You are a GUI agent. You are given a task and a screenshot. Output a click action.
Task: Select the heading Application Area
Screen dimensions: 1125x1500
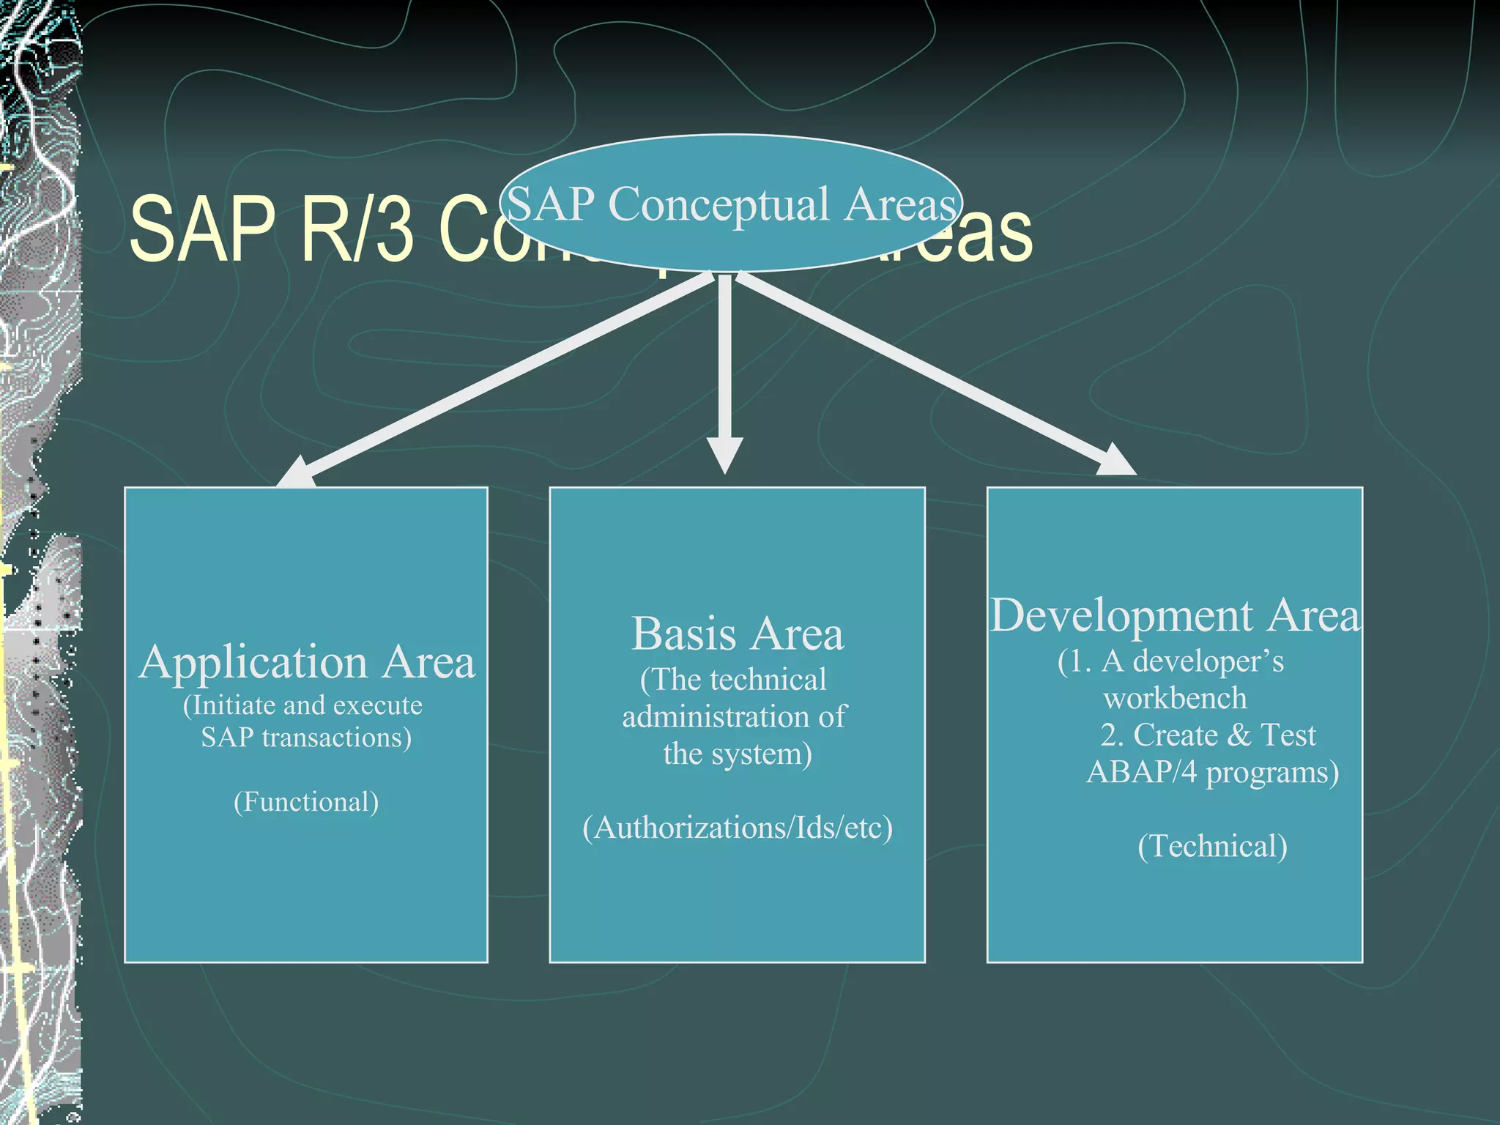click(x=306, y=662)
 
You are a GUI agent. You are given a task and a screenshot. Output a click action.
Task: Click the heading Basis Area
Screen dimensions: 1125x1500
click(x=737, y=634)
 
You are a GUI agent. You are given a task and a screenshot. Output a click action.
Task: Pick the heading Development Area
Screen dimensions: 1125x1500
click(x=1175, y=615)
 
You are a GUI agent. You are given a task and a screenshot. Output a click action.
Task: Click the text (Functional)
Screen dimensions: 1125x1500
click(x=306, y=802)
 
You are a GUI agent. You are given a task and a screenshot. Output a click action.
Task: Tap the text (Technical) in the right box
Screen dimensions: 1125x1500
click(x=1212, y=846)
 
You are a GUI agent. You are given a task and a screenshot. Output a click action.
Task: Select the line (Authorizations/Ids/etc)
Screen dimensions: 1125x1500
click(x=738, y=828)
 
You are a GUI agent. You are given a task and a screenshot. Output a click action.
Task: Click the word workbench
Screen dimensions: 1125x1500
click(x=1175, y=698)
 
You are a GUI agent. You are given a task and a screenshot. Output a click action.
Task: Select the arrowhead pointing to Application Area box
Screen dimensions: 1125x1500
click(x=296, y=473)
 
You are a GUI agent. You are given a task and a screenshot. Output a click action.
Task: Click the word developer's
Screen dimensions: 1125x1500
click(x=1208, y=661)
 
